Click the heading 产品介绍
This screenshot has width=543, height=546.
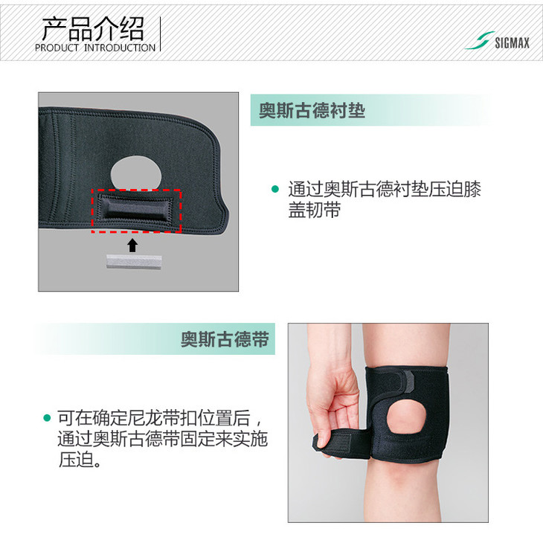point(93,29)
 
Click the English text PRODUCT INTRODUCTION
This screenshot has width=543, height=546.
point(95,48)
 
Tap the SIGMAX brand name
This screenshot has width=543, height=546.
point(513,43)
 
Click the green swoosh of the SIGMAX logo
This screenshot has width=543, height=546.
point(480,40)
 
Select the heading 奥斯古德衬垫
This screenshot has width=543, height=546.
point(312,110)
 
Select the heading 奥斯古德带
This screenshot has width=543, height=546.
point(225,339)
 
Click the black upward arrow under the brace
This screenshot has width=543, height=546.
point(132,245)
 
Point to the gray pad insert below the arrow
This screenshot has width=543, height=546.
point(134,262)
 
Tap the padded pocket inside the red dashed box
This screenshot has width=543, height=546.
point(135,210)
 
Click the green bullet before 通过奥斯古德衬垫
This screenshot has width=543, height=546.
point(275,189)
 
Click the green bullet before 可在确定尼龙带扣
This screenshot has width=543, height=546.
point(47,418)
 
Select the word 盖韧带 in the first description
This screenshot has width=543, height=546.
point(314,210)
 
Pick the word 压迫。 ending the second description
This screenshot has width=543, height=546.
point(80,460)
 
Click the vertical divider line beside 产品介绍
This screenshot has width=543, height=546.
point(160,33)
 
